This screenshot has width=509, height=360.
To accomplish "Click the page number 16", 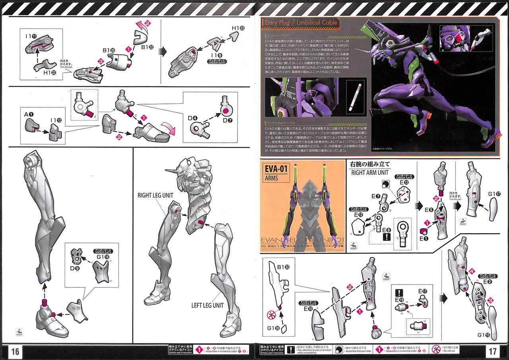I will tap(15, 352).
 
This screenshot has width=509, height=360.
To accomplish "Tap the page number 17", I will tap(493, 352).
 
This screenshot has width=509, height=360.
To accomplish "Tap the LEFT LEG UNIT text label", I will tap(207, 305).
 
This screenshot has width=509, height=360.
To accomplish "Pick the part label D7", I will tap(227, 120).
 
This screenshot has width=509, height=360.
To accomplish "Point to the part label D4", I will tap(192, 118).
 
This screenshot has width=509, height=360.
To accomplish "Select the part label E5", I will tap(428, 209).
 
